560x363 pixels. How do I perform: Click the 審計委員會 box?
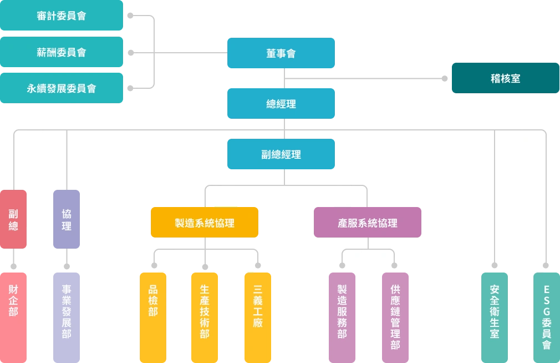(62, 16)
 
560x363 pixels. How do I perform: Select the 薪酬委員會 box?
(62, 52)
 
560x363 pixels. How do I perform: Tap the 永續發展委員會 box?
(62, 88)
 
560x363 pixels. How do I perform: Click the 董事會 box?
(281, 53)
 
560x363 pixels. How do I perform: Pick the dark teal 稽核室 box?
(505, 78)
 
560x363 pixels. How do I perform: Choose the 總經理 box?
(281, 104)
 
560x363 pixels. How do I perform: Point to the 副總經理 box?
(281, 154)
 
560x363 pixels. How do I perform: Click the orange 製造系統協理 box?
(205, 223)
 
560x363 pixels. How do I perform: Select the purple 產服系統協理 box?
(367, 223)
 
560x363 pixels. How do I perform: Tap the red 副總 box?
(13, 219)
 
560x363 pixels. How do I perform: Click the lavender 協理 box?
(67, 219)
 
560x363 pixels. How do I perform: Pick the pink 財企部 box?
(13, 316)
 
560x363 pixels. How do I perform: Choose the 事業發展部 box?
(67, 316)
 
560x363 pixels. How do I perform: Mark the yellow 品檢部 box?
(152, 316)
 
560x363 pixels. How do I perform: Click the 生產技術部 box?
(205, 316)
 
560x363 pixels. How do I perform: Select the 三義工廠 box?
(258, 316)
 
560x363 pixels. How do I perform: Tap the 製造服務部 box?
(342, 316)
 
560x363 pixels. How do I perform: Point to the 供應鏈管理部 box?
(395, 316)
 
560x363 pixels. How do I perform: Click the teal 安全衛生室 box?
(494, 316)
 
